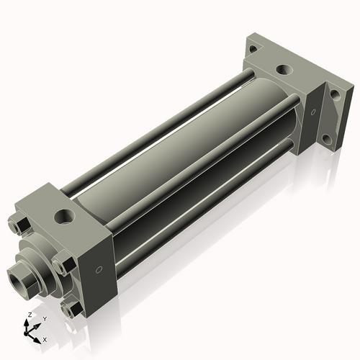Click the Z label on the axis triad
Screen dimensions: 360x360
(x=30, y=315)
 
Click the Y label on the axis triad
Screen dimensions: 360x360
(x=45, y=319)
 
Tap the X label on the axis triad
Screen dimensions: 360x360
(x=45, y=340)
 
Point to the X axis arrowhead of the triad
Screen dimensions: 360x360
(x=37, y=341)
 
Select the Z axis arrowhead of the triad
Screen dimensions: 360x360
(x=26, y=323)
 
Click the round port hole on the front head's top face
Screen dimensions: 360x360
(x=64, y=216)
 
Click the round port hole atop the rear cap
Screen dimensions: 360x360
(x=284, y=70)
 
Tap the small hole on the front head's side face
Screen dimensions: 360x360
(x=99, y=270)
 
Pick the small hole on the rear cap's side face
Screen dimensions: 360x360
(x=313, y=112)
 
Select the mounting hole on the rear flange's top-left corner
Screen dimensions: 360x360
(x=253, y=49)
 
